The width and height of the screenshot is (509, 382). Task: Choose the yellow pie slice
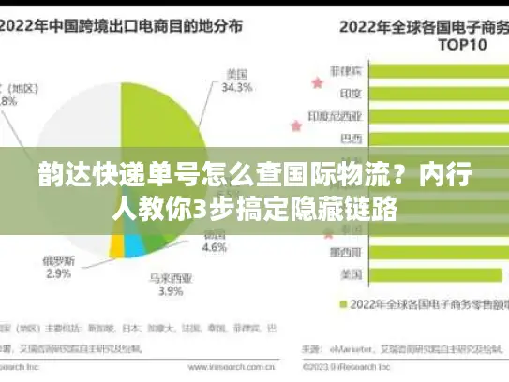117,245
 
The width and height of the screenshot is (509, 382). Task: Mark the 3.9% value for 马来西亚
171,292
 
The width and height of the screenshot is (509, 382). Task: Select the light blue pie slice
135,245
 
